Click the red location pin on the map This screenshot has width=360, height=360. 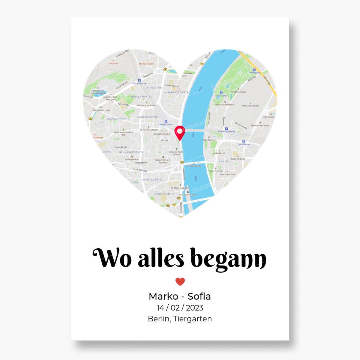point(180,132)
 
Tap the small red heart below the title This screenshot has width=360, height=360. point(180,282)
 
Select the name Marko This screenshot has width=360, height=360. point(163,296)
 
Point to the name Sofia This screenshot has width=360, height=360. point(199,296)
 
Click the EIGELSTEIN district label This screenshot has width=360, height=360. point(155,87)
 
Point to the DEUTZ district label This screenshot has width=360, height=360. point(223,160)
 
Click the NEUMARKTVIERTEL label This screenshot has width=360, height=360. point(131,152)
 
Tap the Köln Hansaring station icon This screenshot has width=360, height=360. point(139,80)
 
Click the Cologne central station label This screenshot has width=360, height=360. point(166,124)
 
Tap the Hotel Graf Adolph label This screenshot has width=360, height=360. point(228,174)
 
